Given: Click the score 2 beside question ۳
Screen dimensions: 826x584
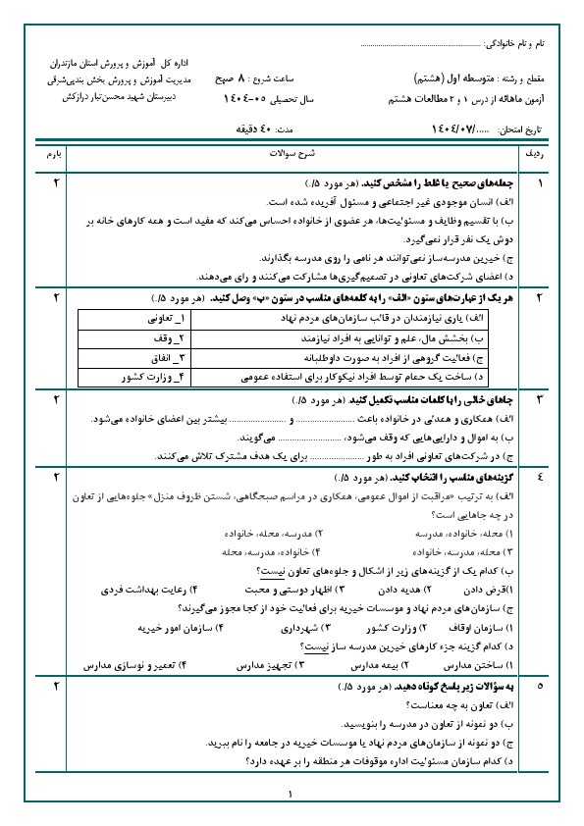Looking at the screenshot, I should (55, 400).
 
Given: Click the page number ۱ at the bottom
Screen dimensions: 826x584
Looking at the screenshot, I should (292, 797).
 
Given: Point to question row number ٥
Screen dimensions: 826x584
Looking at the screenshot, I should (538, 687).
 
